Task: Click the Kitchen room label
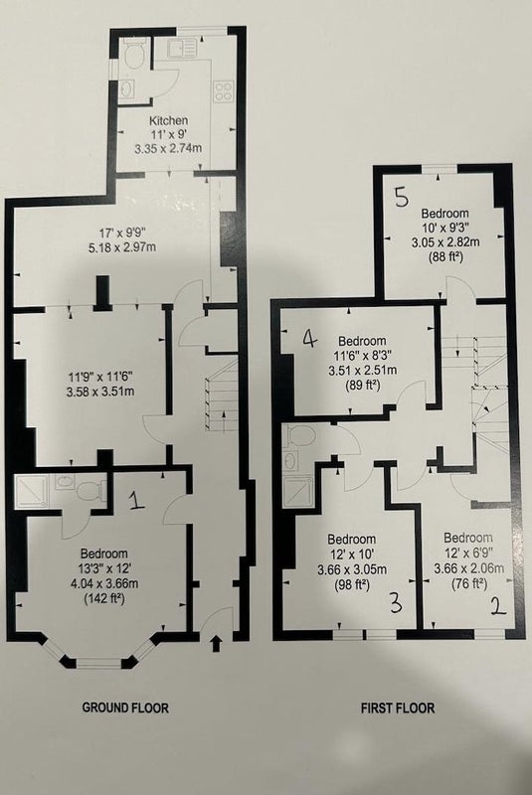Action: point(168,120)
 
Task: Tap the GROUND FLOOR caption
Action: point(125,708)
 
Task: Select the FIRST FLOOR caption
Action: point(398,708)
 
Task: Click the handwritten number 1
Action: point(135,500)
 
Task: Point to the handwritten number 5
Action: point(401,197)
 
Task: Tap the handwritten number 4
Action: point(309,338)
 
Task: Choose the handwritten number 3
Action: point(396,603)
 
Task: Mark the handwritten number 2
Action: point(498,606)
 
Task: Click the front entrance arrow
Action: point(216,643)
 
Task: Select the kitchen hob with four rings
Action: point(224,90)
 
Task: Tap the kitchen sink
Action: point(182,48)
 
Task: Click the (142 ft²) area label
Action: point(104,598)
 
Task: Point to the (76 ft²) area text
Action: point(469,583)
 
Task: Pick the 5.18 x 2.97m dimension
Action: point(121,247)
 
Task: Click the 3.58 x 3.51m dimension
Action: point(100,392)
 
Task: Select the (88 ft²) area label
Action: point(443,257)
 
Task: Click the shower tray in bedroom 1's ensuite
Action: point(32,491)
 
